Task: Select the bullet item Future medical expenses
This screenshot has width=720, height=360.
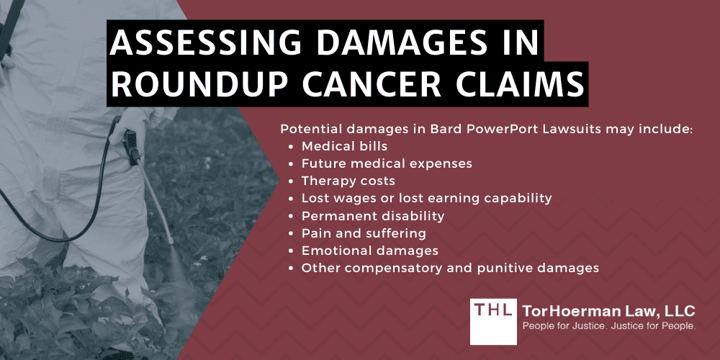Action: coord(387,164)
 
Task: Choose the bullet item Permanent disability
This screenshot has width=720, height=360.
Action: coord(373,216)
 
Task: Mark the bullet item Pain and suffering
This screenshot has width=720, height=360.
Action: coord(364,233)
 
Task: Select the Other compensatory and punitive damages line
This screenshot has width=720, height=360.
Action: coord(450,268)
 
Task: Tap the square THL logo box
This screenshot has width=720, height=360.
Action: coord(494,321)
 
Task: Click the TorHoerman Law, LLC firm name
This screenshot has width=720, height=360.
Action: coord(608,312)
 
